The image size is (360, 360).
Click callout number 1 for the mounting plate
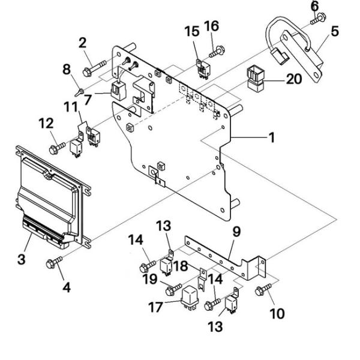(272, 138)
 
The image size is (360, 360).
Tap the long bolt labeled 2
(94, 68)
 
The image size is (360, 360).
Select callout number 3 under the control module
(22, 259)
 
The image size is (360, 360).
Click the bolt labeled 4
(54, 262)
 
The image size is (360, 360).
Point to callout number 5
(335, 31)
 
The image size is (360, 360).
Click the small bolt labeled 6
(318, 19)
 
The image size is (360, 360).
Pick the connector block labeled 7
(118, 91)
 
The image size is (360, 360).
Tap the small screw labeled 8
(79, 92)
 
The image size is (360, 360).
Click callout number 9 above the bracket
(236, 232)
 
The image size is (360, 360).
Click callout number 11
(71, 107)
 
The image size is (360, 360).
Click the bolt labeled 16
(217, 52)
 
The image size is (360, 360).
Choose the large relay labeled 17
(190, 299)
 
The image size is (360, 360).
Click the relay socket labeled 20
(256, 79)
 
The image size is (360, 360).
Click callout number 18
(181, 266)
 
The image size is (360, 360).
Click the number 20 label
(294, 79)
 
